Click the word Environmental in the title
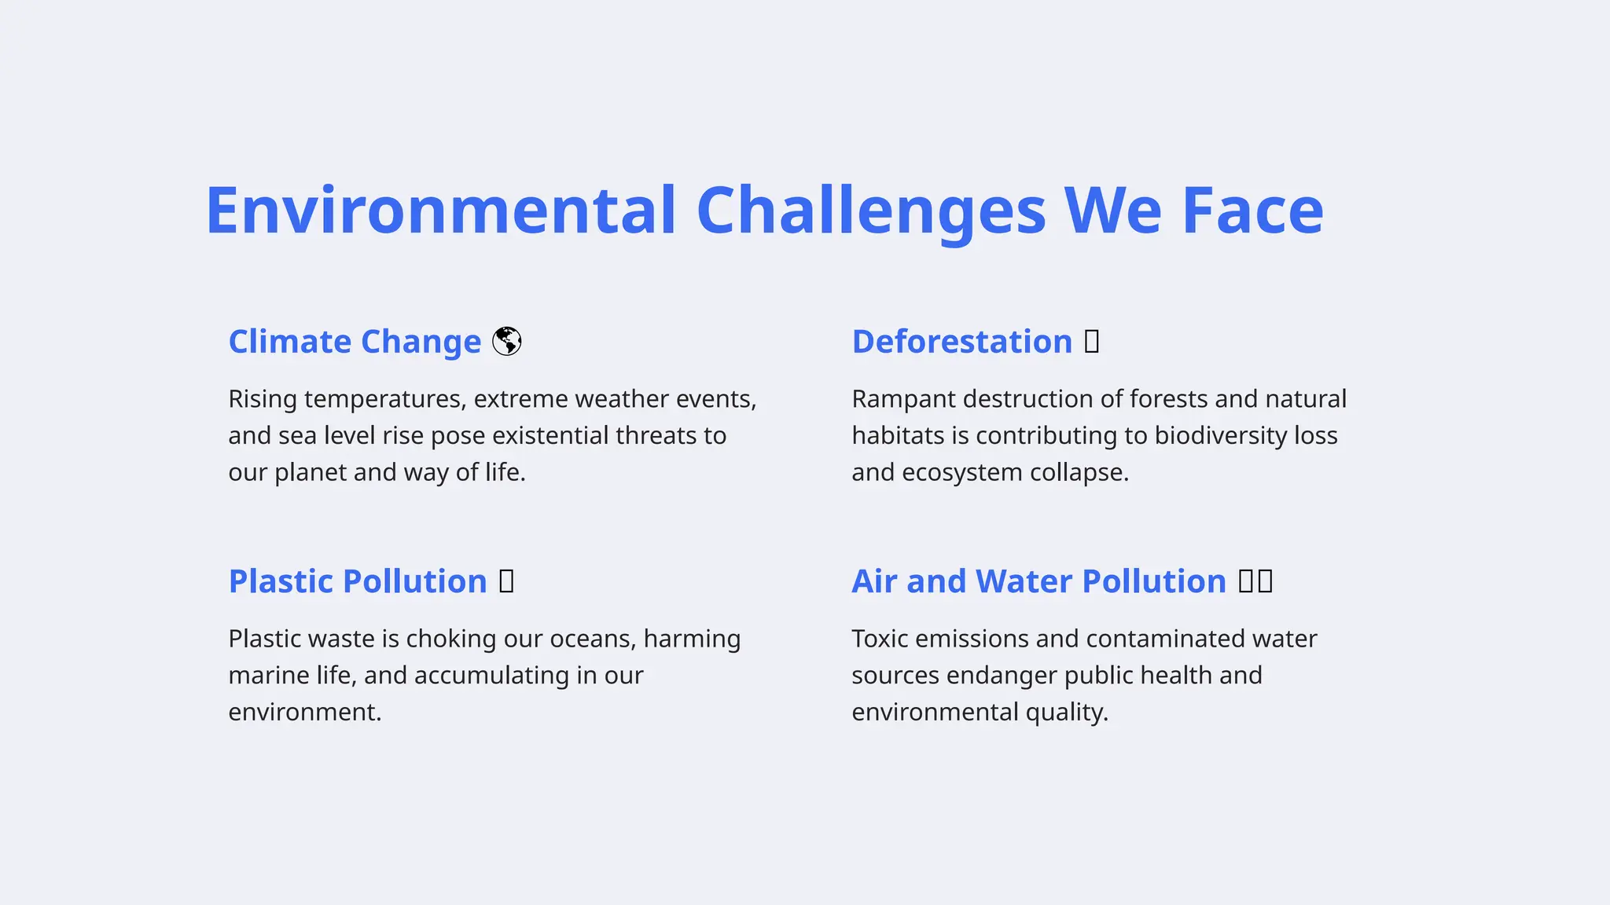440,211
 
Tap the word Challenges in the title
870,211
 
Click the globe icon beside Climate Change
507,342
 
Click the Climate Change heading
355,342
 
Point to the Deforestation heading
961,342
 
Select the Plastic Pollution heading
358,581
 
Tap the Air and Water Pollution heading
1038,581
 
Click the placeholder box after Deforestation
1091,342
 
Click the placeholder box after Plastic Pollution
507,581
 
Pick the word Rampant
903,399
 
